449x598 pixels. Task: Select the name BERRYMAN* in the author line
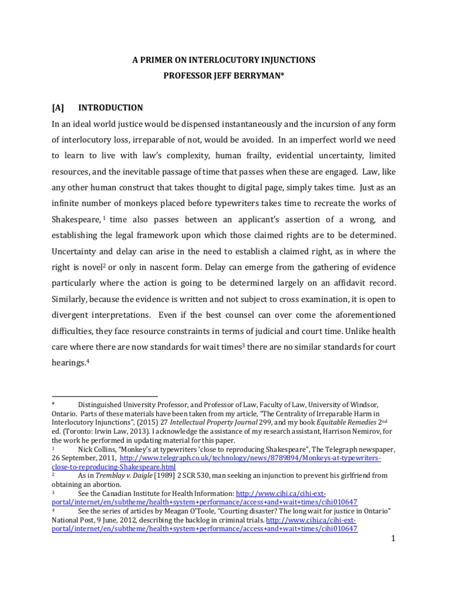pos(264,75)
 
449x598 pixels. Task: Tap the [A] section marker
pos(60,107)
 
